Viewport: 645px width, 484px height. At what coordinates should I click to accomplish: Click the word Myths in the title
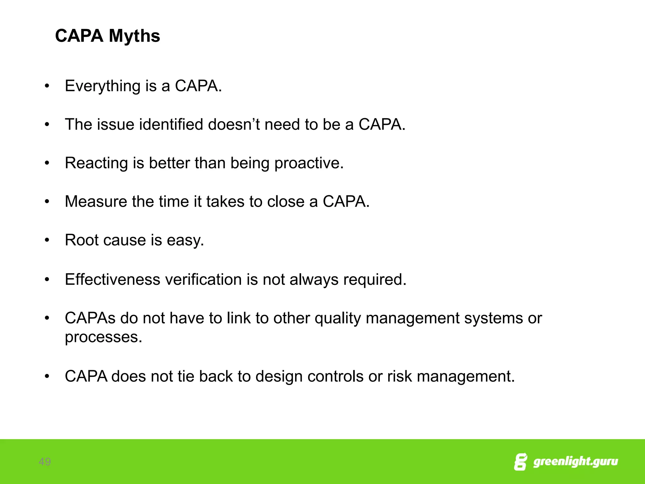point(134,36)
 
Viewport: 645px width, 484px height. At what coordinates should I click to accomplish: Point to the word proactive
point(309,163)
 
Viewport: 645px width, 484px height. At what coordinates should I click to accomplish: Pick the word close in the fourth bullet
point(286,201)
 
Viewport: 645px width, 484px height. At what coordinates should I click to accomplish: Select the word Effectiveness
point(112,279)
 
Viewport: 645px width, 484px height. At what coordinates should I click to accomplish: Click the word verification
point(203,279)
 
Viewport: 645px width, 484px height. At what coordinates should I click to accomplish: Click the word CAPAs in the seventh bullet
point(90,318)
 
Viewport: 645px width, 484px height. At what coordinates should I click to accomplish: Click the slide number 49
point(45,462)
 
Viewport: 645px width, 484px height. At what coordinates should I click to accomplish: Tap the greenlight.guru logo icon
point(520,462)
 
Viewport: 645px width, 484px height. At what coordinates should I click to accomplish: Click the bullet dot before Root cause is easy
point(47,240)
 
